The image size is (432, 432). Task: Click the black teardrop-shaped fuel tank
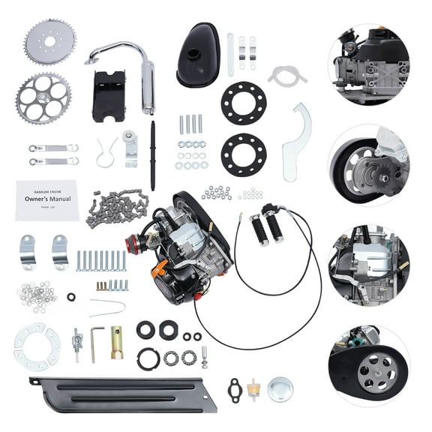click(x=198, y=54)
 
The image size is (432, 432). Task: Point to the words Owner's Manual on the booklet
click(x=47, y=200)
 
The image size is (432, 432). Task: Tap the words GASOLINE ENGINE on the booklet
click(x=46, y=189)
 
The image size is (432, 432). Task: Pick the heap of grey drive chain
click(x=115, y=208)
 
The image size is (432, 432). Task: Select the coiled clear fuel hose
click(x=287, y=76)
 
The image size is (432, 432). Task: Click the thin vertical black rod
click(x=152, y=154)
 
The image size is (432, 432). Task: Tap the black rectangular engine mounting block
click(x=108, y=96)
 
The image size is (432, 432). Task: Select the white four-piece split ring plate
click(x=37, y=346)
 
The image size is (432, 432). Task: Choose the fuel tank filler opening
click(x=193, y=54)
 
